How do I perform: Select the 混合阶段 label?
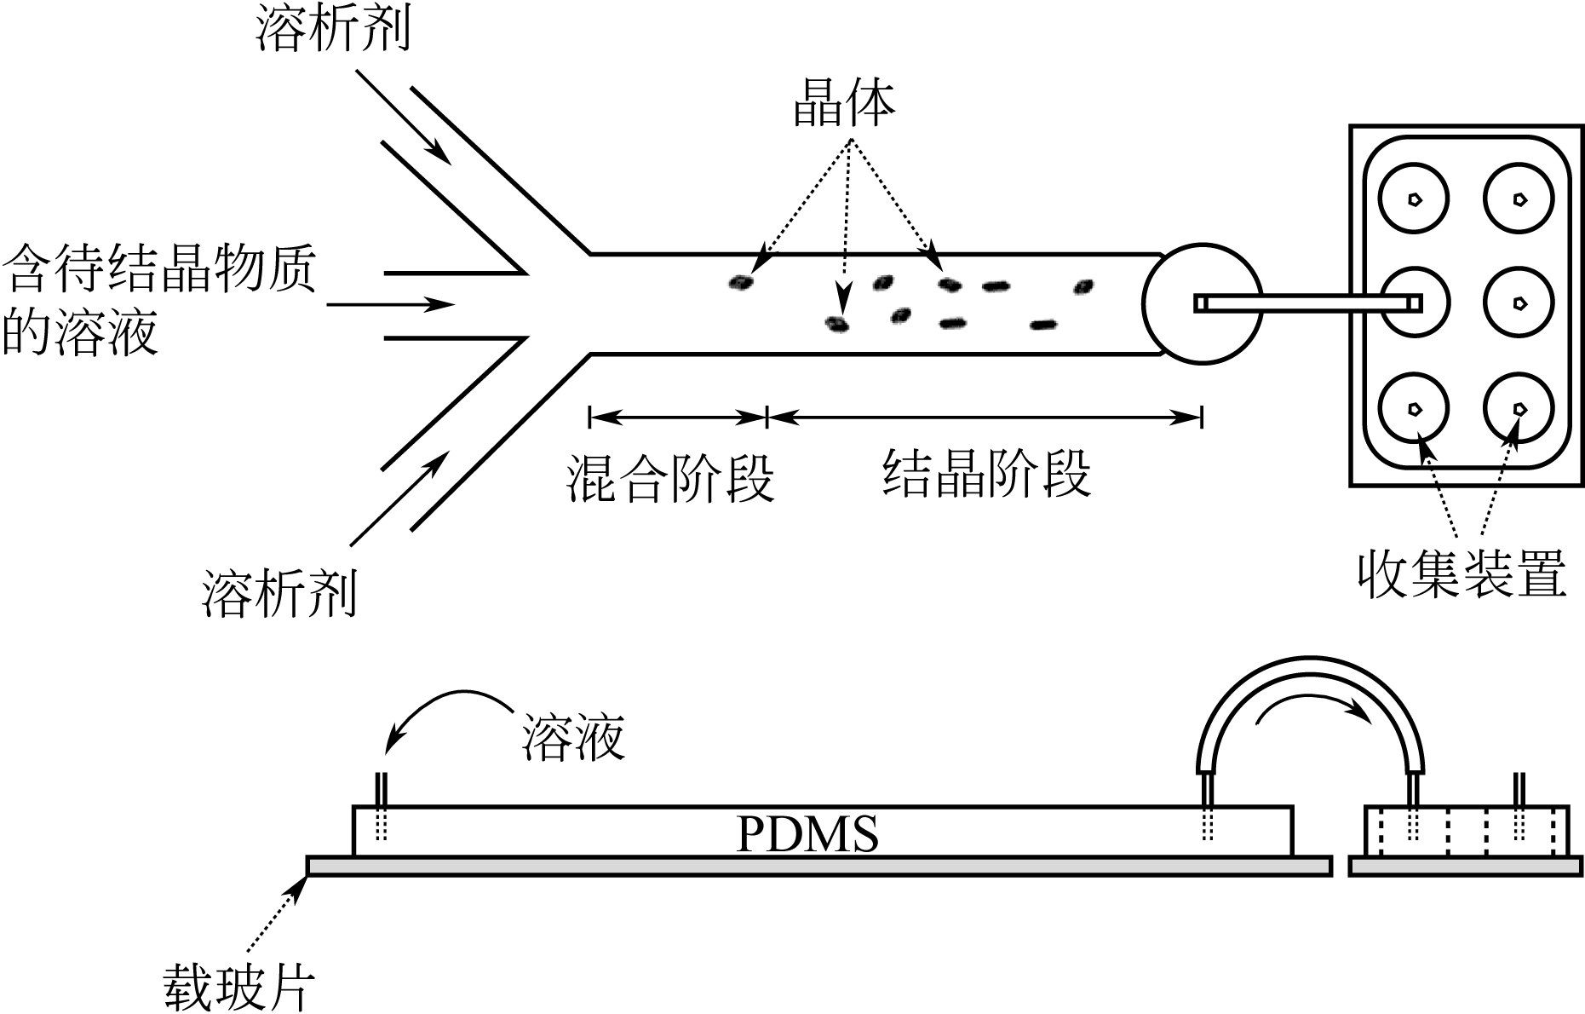(670, 479)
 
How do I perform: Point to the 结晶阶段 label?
(986, 474)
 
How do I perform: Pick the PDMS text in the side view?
(807, 834)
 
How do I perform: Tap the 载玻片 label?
(239, 987)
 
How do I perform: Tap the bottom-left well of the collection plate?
(1414, 409)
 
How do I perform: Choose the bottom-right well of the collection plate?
(1519, 409)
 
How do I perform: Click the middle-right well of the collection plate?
(1519, 302)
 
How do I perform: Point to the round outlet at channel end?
(1201, 302)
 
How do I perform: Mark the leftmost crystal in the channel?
(742, 282)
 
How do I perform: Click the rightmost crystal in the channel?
(1083, 286)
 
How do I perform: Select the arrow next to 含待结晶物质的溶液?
(391, 304)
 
